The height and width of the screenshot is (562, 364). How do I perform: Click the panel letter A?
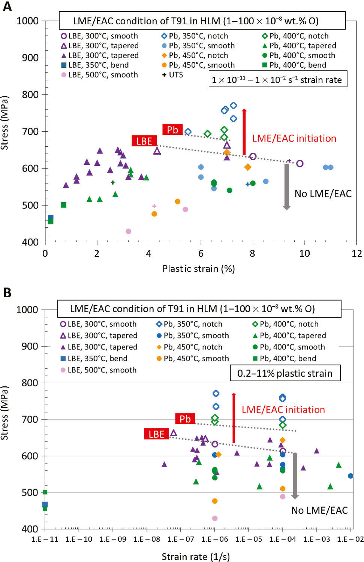tap(7, 7)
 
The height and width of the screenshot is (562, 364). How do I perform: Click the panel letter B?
tap(7, 292)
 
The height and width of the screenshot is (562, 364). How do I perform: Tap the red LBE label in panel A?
tap(144, 141)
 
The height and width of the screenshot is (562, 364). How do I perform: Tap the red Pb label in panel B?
tap(185, 419)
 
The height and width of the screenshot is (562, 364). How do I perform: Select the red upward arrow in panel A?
tap(244, 131)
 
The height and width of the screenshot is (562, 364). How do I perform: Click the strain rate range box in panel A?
tap(277, 80)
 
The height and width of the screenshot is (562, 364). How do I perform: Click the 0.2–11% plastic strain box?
tap(285, 373)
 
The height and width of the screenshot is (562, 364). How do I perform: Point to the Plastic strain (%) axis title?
tap(198, 268)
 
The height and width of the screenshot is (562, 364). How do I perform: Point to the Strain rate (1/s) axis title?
tap(196, 556)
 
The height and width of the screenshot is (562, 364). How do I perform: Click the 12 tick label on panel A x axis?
tap(357, 253)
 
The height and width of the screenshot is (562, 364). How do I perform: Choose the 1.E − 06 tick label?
tap(214, 539)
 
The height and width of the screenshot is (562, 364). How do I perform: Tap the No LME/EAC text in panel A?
tap(323, 194)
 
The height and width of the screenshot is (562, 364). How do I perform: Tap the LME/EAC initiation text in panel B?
tap(283, 410)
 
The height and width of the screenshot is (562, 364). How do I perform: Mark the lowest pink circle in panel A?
tap(128, 231)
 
